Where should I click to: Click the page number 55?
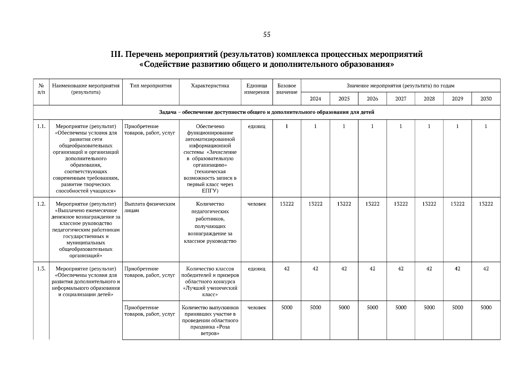(267, 35)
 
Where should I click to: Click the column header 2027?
(400, 99)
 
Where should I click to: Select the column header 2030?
(486, 99)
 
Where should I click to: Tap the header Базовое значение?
(287, 89)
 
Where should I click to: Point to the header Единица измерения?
(257, 89)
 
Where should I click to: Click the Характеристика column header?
(210, 86)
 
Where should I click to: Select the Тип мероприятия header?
(151, 86)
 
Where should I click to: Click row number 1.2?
(41, 204)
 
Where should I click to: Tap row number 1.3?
(41, 269)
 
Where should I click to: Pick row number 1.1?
(41, 126)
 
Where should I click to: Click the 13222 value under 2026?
(372, 204)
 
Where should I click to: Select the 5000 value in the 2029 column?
(457, 307)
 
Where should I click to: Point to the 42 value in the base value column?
(287, 269)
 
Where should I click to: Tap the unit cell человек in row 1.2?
(257, 204)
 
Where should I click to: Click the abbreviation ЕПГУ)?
(210, 191)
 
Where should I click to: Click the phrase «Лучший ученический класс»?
(210, 291)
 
